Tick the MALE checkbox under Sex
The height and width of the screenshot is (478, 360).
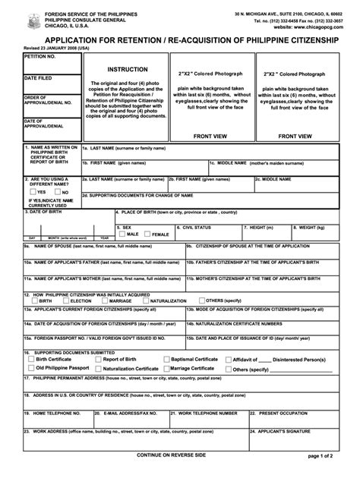click(122, 234)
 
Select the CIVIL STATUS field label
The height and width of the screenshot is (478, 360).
click(195, 227)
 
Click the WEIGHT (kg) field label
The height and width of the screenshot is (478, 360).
click(311, 227)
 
